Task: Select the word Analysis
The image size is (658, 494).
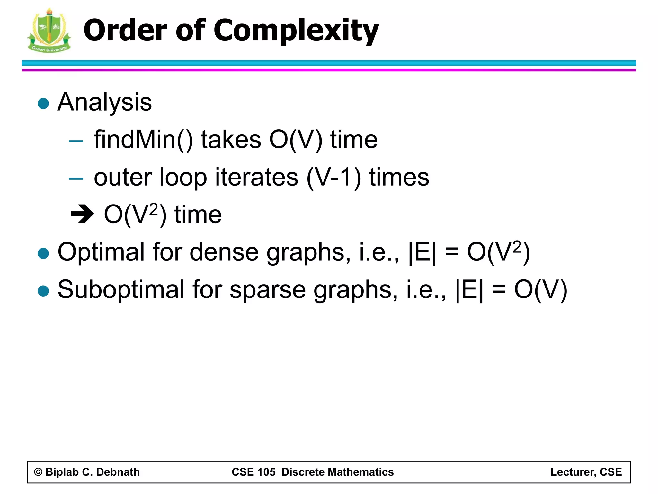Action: (104, 102)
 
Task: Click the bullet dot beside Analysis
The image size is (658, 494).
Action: (43, 104)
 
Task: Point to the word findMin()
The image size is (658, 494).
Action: (143, 140)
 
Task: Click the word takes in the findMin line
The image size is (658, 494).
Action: (231, 140)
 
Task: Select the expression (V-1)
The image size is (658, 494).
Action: (334, 178)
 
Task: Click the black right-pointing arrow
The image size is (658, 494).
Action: (82, 214)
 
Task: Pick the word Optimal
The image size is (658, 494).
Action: (101, 252)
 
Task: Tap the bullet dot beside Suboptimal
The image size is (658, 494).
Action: (43, 291)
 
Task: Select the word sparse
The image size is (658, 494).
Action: (268, 290)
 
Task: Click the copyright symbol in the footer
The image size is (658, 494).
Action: (38, 472)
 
